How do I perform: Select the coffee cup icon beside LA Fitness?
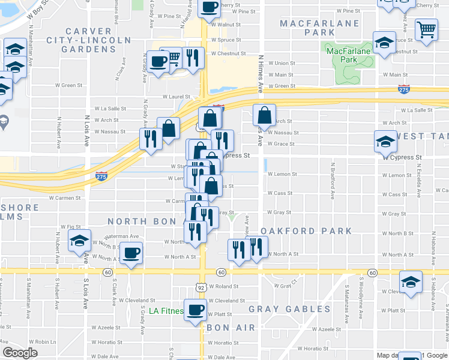(194, 310)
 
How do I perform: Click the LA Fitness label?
(166, 311)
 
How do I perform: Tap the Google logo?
(20, 353)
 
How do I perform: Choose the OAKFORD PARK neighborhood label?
(307, 230)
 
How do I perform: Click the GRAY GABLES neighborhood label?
(290, 309)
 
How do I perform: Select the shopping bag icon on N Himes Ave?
(264, 114)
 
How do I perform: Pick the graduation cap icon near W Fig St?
(79, 241)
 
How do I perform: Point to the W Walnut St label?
(226, 25)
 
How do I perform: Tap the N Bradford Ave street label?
(332, 180)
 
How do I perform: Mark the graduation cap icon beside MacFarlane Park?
(384, 43)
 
